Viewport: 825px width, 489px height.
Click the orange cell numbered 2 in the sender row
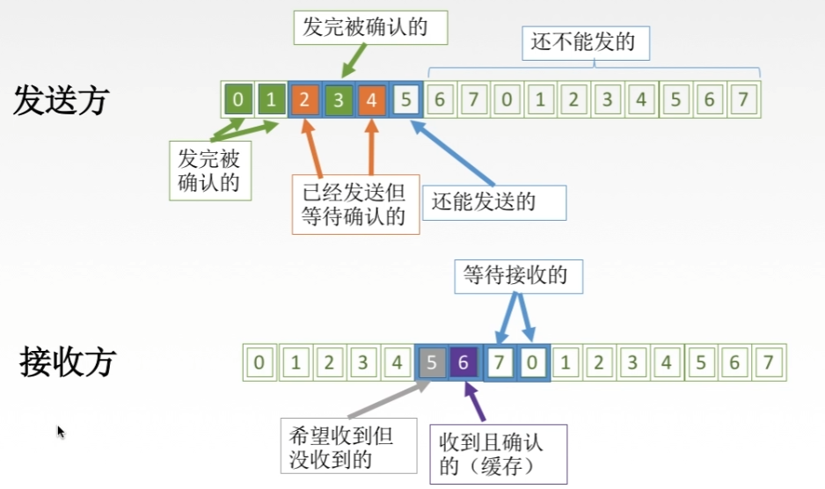point(303,100)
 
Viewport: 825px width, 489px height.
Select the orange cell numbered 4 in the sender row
point(371,100)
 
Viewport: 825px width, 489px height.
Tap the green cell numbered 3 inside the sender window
point(338,100)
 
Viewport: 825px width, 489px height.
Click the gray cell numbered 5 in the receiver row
point(431,361)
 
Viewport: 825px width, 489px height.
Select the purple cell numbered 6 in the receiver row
point(464,361)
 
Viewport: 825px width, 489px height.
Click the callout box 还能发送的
point(494,202)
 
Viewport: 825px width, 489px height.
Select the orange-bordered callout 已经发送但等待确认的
point(355,205)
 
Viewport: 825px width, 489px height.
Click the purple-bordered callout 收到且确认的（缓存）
point(498,453)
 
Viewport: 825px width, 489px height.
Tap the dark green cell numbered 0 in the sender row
point(237,100)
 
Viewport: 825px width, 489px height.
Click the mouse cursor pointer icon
point(61,432)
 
